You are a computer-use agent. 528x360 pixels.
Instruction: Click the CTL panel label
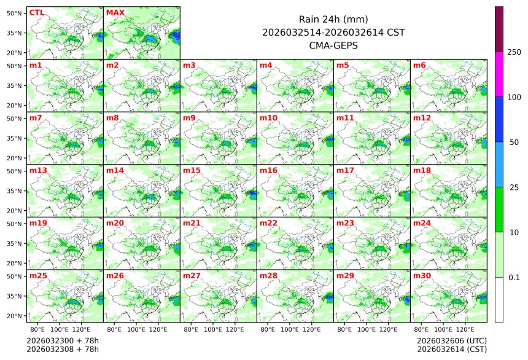click(x=36, y=12)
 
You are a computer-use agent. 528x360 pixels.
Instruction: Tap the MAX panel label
click(x=115, y=12)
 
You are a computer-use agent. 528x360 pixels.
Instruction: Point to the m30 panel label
click(x=421, y=276)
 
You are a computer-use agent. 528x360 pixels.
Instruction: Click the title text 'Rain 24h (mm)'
click(x=333, y=19)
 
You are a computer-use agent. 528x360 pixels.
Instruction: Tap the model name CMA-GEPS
click(x=333, y=45)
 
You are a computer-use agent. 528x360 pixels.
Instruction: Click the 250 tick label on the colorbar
click(x=514, y=52)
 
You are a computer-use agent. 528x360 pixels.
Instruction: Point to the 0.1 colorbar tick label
click(x=514, y=278)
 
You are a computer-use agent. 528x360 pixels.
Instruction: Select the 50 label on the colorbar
click(x=514, y=143)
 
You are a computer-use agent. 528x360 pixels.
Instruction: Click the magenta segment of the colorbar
click(x=499, y=74)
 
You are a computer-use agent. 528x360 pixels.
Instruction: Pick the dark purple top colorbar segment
click(x=499, y=29)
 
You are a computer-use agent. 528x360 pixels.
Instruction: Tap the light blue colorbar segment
click(x=499, y=165)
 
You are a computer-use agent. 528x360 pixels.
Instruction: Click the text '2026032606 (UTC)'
click(x=451, y=340)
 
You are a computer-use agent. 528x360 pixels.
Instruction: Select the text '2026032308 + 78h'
click(x=62, y=350)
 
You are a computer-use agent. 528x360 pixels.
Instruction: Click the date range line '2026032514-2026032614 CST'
click(x=333, y=32)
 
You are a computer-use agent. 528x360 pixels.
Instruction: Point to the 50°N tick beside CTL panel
click(x=15, y=13)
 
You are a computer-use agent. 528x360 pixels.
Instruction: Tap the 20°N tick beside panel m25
click(x=15, y=316)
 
